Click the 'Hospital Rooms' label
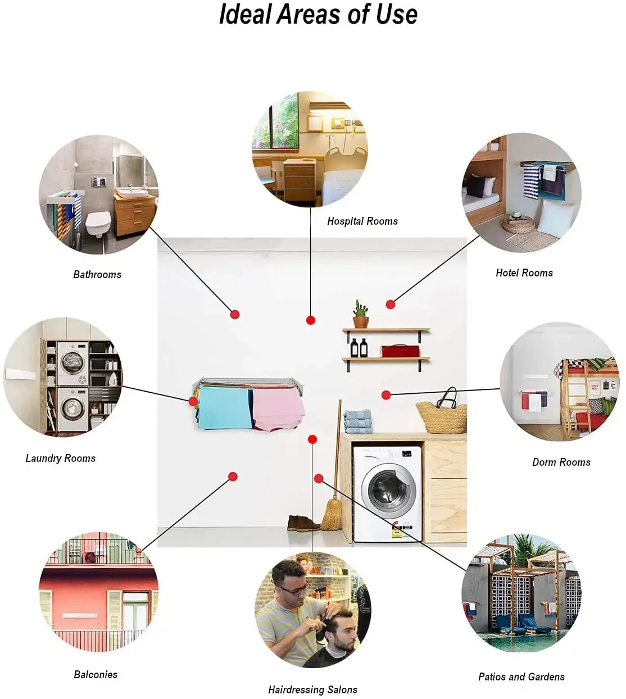[x=362, y=221]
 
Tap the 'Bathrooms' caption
[x=97, y=275]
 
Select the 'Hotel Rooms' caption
[x=524, y=273]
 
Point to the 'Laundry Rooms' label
[x=61, y=459]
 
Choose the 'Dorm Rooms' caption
[x=561, y=462]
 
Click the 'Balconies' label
[x=96, y=675]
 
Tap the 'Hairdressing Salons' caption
[x=312, y=690]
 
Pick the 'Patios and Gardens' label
[x=521, y=677]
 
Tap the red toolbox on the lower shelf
[x=400, y=351]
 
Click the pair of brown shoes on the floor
[x=302, y=524]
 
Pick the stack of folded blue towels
[x=358, y=422]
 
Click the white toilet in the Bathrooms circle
[x=98, y=225]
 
